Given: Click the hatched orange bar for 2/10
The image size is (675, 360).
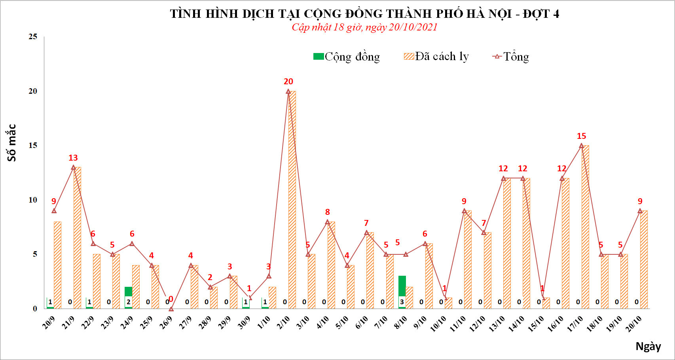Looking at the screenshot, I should (292, 200).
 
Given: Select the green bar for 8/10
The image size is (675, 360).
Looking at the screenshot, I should (402, 286).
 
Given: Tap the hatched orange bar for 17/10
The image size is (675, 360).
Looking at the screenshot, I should (585, 227).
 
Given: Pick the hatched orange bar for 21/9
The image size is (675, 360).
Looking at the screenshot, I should (77, 237).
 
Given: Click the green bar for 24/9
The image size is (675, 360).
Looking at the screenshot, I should (128, 292).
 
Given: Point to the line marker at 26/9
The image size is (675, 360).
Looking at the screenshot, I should (171, 309).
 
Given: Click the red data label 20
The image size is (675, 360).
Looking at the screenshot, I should (288, 81).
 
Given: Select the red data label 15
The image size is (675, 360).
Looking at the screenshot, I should (581, 136).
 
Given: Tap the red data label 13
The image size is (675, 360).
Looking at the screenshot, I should (73, 158).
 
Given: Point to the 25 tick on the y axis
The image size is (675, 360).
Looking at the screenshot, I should (33, 37).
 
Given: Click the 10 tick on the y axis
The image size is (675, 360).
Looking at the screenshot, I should (33, 200).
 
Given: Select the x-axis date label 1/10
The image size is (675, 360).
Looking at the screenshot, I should (264, 323).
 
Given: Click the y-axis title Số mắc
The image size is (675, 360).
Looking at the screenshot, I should (12, 142).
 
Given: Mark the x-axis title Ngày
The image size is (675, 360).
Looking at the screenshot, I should (648, 347).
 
